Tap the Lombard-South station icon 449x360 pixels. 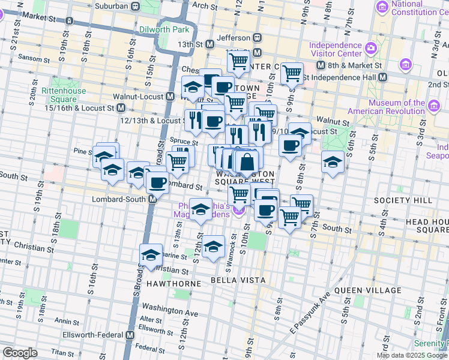153,199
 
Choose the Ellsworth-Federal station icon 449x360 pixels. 129,335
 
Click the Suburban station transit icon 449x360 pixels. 136,7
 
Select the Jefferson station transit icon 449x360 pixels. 257,37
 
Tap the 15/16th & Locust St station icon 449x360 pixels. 121,108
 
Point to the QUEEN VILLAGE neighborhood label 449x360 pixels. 367,290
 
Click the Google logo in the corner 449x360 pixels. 20,352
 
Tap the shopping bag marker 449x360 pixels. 247,161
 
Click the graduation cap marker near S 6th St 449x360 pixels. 332,161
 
